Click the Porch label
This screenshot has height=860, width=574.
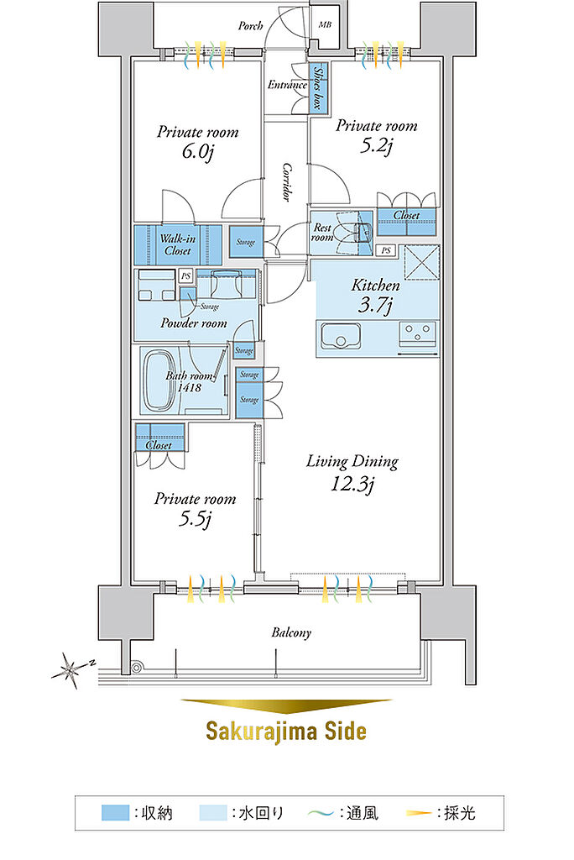(250, 25)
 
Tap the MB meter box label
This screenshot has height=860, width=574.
(325, 24)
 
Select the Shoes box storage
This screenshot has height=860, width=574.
(317, 87)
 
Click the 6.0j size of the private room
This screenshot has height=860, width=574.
(197, 151)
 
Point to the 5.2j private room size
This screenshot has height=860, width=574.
(376, 145)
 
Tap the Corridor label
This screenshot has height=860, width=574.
(286, 181)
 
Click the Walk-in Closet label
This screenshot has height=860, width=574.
(178, 244)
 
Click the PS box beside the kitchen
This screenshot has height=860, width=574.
(387, 250)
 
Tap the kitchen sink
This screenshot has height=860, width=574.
(339, 336)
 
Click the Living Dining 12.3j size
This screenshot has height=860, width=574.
(352, 484)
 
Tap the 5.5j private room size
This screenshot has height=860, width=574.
(196, 518)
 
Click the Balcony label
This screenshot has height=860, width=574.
(291, 632)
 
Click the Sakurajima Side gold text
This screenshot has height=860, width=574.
(285, 731)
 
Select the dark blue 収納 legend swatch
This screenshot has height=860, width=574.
(115, 812)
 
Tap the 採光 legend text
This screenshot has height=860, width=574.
(459, 812)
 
